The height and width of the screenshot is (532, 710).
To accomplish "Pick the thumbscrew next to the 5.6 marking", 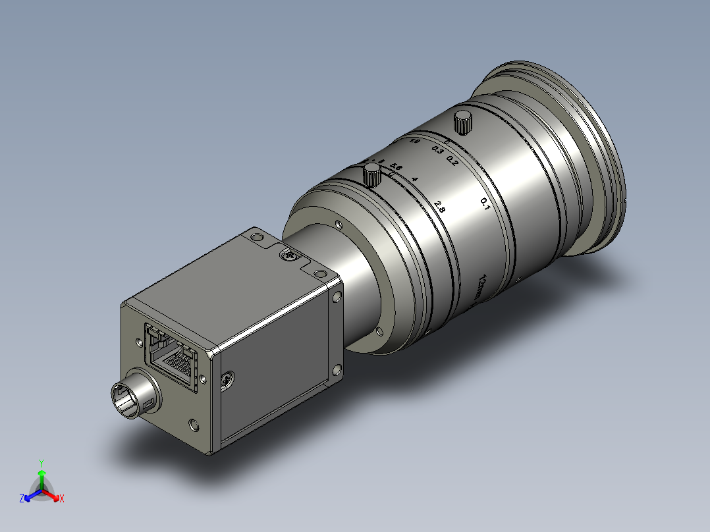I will [x=373, y=175].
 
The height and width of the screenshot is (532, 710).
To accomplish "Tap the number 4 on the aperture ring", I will [x=414, y=178].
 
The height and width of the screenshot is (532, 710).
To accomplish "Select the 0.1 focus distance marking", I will [x=485, y=204].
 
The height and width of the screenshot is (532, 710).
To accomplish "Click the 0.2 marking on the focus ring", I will [x=452, y=159].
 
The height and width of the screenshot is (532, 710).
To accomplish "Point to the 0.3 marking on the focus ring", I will [x=437, y=150].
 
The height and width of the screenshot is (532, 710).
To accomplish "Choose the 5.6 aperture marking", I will [x=395, y=166].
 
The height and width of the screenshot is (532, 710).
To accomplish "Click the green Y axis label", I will [x=41, y=462].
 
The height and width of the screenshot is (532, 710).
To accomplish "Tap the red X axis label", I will [x=62, y=498].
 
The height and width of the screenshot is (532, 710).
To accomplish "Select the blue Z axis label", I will [x=22, y=498].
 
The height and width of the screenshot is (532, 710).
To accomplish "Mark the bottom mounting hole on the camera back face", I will [x=193, y=425].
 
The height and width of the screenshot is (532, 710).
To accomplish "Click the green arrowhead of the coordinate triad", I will [x=41, y=473].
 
